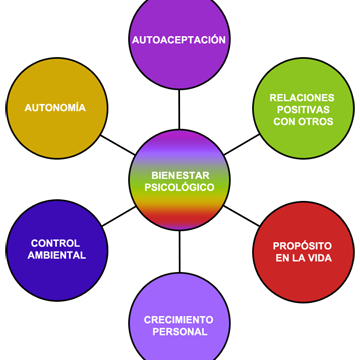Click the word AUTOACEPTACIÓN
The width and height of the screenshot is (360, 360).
pyautogui.click(x=179, y=39)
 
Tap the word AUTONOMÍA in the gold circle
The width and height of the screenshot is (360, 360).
pyautogui.click(x=55, y=107)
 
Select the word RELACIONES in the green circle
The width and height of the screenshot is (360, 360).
pyautogui.click(x=302, y=98)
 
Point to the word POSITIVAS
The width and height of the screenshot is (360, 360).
pyautogui.click(x=303, y=109)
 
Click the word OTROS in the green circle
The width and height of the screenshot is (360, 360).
pyautogui.click(x=315, y=121)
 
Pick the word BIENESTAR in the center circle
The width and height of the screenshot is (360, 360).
pyautogui.click(x=180, y=175)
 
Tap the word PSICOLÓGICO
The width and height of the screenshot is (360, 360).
pyautogui.click(x=179, y=187)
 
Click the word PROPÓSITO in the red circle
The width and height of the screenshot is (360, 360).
pyautogui.click(x=302, y=246)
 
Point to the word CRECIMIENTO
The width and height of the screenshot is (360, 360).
pyautogui.click(x=179, y=320)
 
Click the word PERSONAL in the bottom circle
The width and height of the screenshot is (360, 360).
pyautogui.click(x=180, y=332)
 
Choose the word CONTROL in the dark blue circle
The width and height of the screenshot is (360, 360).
pyautogui.click(x=55, y=243)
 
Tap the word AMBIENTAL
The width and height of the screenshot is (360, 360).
pyautogui.click(x=57, y=255)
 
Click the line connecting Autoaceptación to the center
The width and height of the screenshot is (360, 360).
pyautogui.click(x=179, y=109)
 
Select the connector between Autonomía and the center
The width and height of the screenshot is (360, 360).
pyautogui.click(x=118, y=145)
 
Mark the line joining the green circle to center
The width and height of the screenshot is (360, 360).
pyautogui.click(x=242, y=144)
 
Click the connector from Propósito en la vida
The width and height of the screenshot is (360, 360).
pyautogui.click(x=242, y=216)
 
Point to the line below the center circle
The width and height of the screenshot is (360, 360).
pyautogui.click(x=180, y=251)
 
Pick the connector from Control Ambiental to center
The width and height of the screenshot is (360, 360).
pyautogui.click(x=119, y=216)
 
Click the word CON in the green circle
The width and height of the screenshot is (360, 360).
pyautogui.click(x=284, y=121)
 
